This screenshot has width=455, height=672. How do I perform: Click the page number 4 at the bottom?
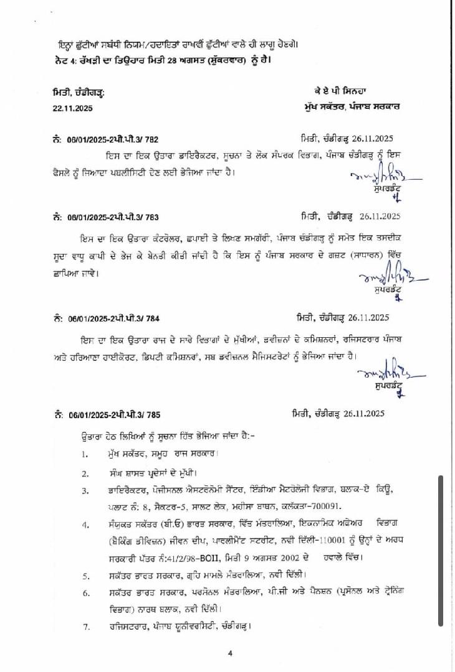230,653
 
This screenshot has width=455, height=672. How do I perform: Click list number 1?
84,454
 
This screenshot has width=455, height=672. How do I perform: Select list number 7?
84,626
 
